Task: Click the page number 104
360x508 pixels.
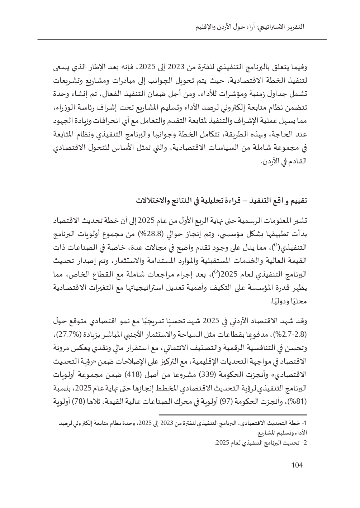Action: [297, 465]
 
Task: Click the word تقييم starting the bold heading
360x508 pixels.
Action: [299, 201]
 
